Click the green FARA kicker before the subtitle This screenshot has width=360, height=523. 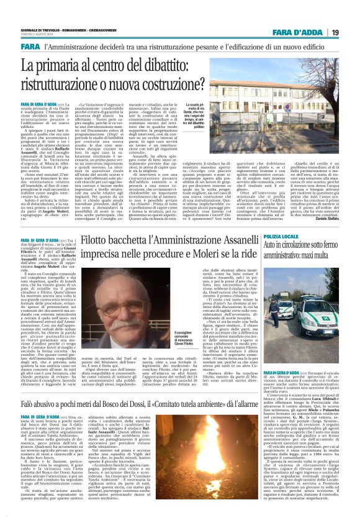click(29, 48)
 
